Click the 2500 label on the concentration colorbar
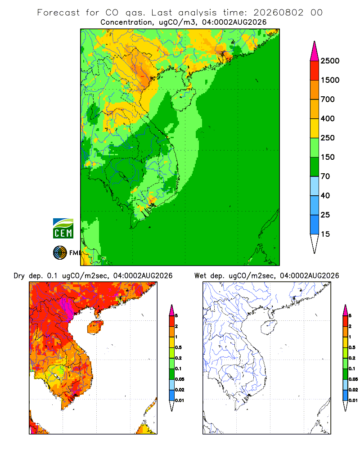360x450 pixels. [x=330, y=61]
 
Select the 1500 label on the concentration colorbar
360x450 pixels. [x=330, y=80]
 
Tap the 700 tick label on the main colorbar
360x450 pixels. [x=328, y=99]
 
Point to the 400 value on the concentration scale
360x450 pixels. [x=328, y=118]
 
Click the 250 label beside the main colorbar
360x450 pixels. [x=328, y=138]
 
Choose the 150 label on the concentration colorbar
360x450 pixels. [x=328, y=157]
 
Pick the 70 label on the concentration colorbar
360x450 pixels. [x=325, y=176]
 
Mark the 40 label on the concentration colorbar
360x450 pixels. [x=325, y=195]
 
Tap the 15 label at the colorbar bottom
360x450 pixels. [x=325, y=234]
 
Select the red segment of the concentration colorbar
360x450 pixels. [x=315, y=71]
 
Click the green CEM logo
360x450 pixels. [x=63, y=229]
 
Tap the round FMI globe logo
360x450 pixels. [x=60, y=253]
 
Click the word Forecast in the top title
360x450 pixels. [x=58, y=13]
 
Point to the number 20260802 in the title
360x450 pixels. [x=278, y=13]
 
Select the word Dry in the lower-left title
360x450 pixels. [x=19, y=276]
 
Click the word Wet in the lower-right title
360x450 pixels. [x=200, y=276]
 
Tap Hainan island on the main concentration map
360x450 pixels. [x=183, y=99]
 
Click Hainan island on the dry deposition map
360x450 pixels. [x=95, y=327]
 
